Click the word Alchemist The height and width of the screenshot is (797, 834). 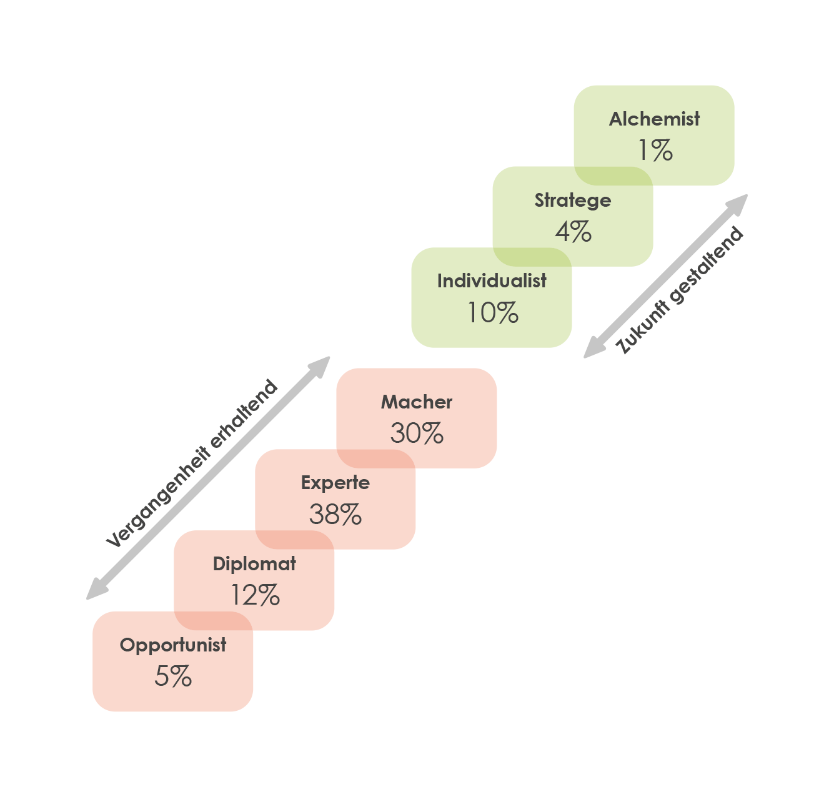[654, 119]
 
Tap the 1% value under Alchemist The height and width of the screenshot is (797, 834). [655, 151]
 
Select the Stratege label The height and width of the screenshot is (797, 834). [572, 200]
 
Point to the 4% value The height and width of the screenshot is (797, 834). [573, 232]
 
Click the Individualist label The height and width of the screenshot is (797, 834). [492, 281]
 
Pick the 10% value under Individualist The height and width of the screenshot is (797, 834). [492, 312]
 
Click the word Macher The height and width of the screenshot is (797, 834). [417, 402]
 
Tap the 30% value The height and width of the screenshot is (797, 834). [417, 433]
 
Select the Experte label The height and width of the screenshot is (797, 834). [335, 483]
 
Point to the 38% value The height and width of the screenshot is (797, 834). [335, 515]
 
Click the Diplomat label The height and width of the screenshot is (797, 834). [254, 564]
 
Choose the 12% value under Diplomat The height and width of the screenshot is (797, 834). [255, 595]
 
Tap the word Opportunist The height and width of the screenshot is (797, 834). [173, 645]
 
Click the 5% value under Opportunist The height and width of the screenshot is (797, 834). [173, 676]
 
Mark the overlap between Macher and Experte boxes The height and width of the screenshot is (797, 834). [375, 458]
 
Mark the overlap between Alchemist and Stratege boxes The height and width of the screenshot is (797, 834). [613, 176]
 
